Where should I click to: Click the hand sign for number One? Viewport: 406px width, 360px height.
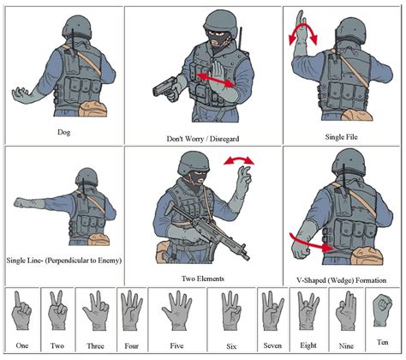coord(21,310)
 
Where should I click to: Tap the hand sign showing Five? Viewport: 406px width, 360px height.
coord(176,311)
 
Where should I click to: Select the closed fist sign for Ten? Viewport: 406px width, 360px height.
coord(382,310)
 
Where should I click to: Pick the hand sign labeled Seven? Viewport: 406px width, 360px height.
coord(272,310)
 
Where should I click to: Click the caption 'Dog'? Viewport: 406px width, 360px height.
coord(64,132)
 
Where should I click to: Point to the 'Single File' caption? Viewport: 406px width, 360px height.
coord(341,137)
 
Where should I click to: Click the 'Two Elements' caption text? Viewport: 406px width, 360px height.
coord(203,279)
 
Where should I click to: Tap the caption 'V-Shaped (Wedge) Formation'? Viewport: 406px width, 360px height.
coord(342,280)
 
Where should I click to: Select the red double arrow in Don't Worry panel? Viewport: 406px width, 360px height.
coord(216,80)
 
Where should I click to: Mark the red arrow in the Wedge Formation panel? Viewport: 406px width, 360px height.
coord(311,243)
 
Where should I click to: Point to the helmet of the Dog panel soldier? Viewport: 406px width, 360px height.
coord(77,27)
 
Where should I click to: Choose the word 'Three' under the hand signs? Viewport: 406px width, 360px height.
coord(95,346)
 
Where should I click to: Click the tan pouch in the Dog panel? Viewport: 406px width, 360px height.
coord(93,109)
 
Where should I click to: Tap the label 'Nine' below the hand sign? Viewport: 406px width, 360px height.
coord(346,346)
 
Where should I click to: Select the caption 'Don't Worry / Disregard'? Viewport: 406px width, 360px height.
coord(203,139)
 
